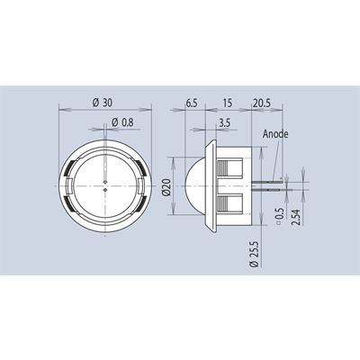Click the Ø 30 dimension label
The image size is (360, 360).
[103, 103]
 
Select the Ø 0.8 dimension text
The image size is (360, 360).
[122, 122]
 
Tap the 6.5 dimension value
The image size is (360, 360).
[192, 103]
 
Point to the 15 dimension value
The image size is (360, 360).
[228, 103]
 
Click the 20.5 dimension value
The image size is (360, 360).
[262, 103]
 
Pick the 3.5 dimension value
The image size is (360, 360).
[224, 122]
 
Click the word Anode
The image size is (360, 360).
[275, 134]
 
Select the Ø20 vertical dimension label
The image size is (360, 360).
[167, 187]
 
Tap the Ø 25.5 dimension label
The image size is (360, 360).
[255, 253]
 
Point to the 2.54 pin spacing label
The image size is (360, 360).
[296, 216]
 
